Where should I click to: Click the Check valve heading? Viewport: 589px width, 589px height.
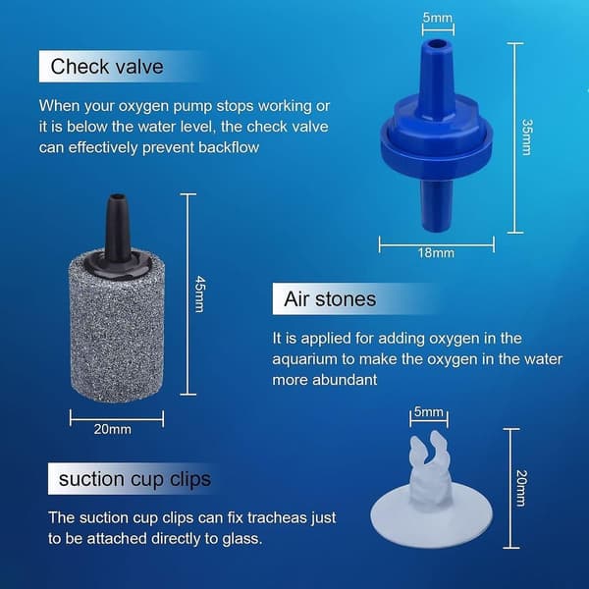107,67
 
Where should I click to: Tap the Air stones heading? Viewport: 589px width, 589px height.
330,299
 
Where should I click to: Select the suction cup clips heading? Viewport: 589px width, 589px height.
134,479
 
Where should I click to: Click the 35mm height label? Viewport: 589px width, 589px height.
526,137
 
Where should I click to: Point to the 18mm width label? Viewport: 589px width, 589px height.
436,253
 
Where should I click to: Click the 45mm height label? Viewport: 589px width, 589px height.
200,294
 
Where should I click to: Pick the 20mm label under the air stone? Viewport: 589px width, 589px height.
113,429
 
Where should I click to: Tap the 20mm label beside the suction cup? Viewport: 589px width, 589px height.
522,488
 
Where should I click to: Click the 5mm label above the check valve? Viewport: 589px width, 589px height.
438,18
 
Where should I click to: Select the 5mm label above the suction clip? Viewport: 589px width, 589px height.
429,411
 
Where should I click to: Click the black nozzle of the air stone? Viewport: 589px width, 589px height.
118,228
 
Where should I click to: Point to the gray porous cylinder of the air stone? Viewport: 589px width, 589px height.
117,331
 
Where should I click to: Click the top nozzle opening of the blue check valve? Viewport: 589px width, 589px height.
436,43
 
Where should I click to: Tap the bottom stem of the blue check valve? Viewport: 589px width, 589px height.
436,205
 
